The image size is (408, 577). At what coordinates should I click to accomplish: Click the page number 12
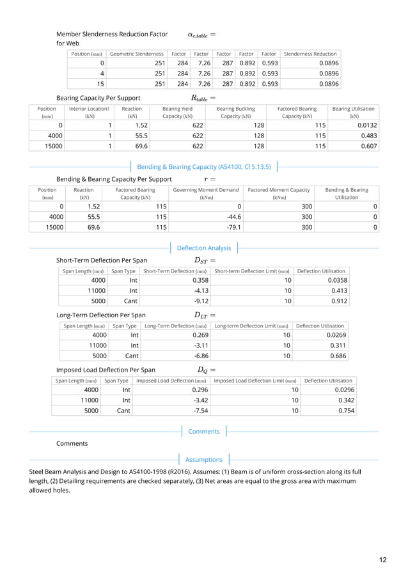pos(382,560)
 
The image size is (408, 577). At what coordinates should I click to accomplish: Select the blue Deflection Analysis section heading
pos(203,248)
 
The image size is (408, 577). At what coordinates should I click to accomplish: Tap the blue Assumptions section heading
pos(203,459)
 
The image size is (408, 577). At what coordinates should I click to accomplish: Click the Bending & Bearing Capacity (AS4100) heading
pos(205,167)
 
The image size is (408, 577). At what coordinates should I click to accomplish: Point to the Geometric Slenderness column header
pos(137,54)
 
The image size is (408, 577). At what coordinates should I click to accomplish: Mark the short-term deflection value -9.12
pos(201,301)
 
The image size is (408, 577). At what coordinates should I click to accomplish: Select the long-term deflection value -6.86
pos(202,356)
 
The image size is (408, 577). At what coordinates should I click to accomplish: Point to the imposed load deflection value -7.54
pos(202,411)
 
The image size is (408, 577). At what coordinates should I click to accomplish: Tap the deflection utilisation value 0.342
pos(345,400)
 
